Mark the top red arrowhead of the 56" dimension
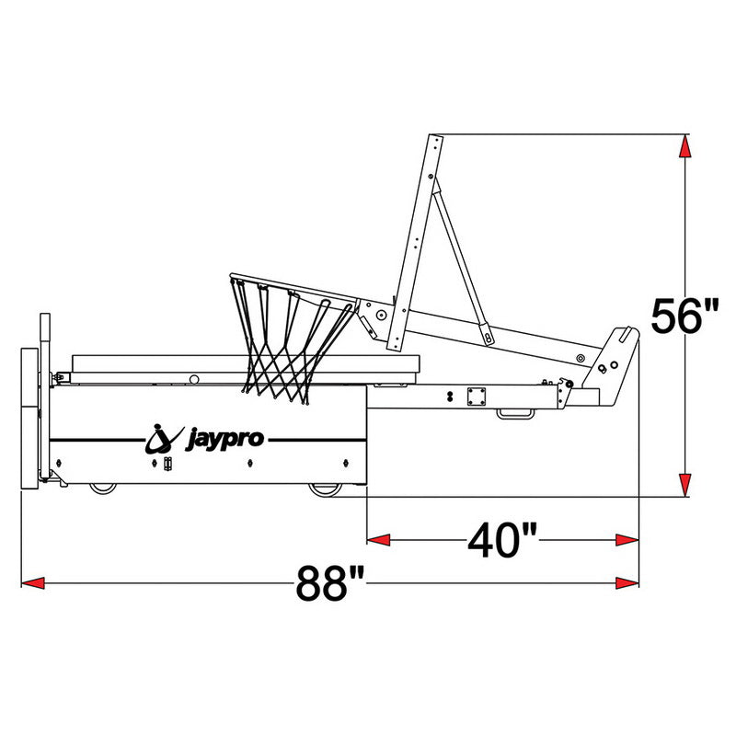coord(684,147)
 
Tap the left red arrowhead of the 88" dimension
coord(33,582)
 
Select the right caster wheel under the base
coord(323,489)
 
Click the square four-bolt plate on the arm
coord(477,396)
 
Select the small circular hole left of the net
coord(194,378)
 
